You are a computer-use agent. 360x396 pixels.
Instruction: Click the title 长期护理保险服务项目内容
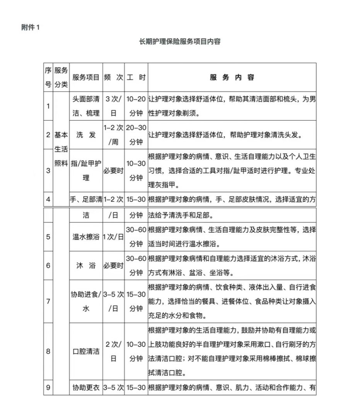180,41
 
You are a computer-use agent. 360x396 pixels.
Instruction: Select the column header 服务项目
86,77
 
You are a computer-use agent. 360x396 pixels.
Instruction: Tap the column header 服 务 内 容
232,77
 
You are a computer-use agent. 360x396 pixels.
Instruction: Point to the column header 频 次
113,77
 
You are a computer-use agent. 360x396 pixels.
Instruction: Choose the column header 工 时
136,77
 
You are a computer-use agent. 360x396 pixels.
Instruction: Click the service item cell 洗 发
86,135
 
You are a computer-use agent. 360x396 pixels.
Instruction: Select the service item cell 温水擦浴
86,237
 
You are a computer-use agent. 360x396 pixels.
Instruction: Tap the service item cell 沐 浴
86,266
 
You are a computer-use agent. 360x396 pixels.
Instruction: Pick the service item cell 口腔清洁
86,351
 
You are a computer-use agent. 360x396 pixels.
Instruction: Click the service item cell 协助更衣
86,387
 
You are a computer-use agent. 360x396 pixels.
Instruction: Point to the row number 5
48,237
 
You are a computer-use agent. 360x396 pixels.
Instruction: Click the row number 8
48,351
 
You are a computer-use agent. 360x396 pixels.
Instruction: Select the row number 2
48,135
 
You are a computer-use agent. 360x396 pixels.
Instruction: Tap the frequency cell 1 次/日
113,237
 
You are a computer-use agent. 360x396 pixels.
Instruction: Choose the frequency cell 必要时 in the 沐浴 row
113,266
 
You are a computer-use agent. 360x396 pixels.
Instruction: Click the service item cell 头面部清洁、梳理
86,106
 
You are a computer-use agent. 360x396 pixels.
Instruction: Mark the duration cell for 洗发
136,135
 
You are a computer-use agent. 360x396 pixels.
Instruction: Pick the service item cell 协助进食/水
86,301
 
